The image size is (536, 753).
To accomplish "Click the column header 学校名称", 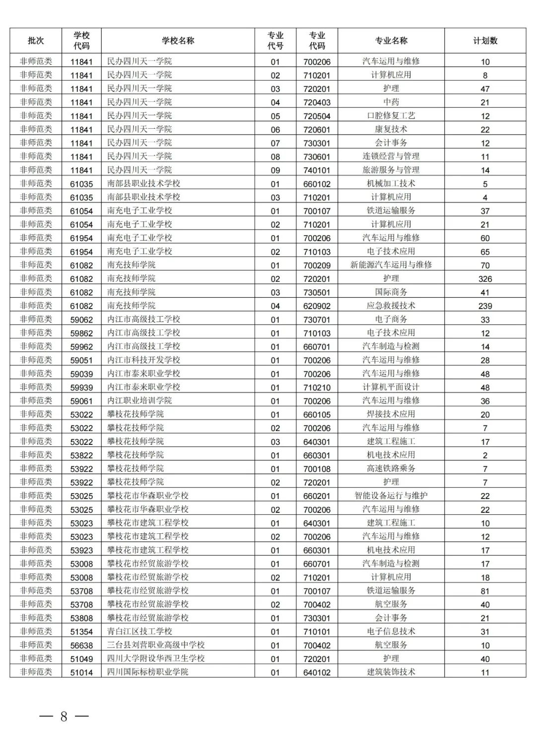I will [x=178, y=41].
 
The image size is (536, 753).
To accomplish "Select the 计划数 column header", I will [x=485, y=41].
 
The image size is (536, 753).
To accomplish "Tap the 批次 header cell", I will [x=36, y=41].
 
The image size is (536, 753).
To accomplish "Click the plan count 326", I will [x=485, y=279].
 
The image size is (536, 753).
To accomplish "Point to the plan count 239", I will [x=485, y=306].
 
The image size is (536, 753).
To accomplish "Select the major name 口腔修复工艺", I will [x=391, y=116].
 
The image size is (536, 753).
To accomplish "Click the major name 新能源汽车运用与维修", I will [x=391, y=265].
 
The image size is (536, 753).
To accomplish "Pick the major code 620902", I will [x=317, y=306].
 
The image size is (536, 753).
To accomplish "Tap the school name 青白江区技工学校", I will [x=139, y=632].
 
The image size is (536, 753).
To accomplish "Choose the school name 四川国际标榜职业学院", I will [x=147, y=672].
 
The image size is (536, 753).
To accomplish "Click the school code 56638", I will [x=81, y=645].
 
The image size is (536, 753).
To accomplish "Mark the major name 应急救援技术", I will [x=391, y=306].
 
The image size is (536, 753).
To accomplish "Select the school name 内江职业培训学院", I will [x=139, y=401].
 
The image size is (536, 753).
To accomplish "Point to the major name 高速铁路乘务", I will [x=391, y=468].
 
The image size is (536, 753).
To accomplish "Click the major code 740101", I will [x=317, y=170].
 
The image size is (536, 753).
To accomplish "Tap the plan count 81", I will [x=485, y=591].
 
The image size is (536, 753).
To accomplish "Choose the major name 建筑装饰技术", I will [x=391, y=672].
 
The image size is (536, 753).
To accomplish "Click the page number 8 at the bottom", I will [x=64, y=716].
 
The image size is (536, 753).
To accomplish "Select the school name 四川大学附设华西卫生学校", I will [x=156, y=659].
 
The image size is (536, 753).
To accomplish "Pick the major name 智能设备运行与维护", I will [x=391, y=496].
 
